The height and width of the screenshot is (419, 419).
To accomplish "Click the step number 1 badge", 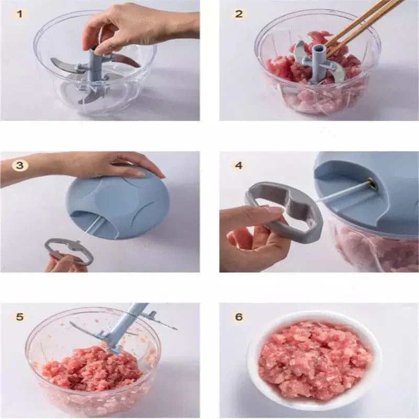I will click(x=20, y=14).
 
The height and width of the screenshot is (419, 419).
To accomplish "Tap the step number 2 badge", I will click(x=239, y=14).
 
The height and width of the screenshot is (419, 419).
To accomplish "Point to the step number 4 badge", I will click(x=239, y=166).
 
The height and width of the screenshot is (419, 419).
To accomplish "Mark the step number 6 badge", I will click(x=239, y=317).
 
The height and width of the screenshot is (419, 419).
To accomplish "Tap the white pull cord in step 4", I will click(x=340, y=192).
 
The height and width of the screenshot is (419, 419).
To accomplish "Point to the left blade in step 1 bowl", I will click(x=65, y=65).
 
